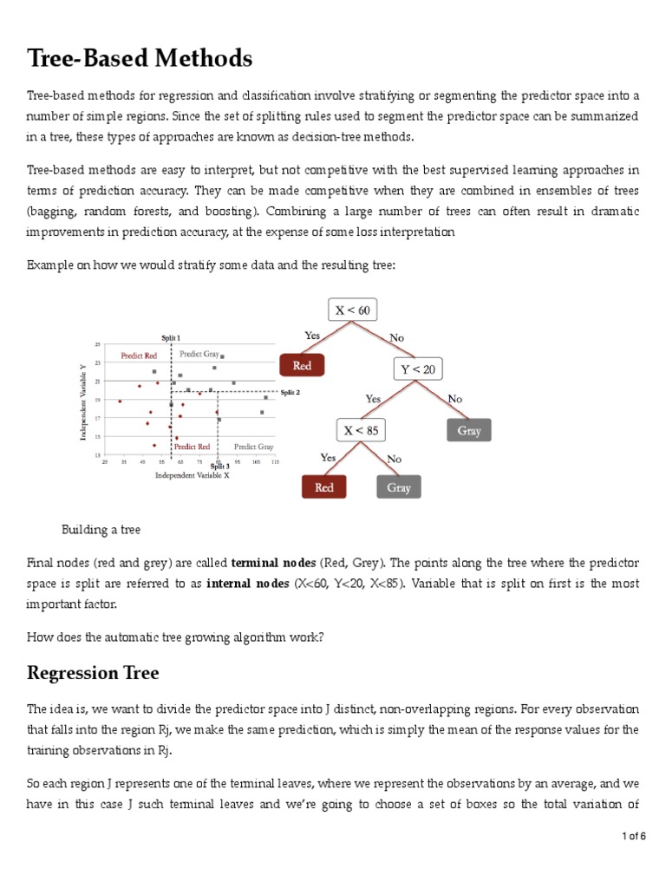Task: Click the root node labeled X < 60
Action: tap(351, 310)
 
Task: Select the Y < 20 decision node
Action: tap(418, 369)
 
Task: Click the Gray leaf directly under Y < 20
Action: tap(469, 430)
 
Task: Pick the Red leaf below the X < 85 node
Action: tap(324, 487)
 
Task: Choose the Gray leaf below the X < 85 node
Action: tap(399, 487)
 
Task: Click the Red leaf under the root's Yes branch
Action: tap(302, 366)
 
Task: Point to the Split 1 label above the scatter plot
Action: tap(171, 336)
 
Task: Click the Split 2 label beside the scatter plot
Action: tap(290, 392)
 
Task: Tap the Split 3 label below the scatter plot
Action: tap(219, 467)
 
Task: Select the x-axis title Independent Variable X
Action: tap(192, 475)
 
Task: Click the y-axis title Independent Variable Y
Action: tap(84, 401)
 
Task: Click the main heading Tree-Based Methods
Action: tap(140, 59)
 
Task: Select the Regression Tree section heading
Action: tap(93, 673)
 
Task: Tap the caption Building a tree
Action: tap(101, 530)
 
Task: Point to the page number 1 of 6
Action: tap(635, 836)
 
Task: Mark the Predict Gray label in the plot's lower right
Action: tap(253, 447)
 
